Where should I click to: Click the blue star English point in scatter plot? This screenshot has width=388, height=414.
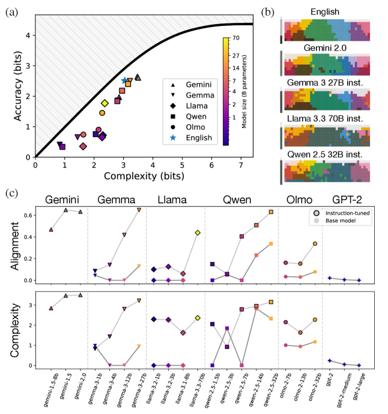[124, 81]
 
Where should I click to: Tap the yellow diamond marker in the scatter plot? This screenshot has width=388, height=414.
[105, 103]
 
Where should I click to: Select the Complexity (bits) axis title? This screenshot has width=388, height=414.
[138, 177]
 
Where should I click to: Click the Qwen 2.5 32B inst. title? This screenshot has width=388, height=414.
[328, 154]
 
